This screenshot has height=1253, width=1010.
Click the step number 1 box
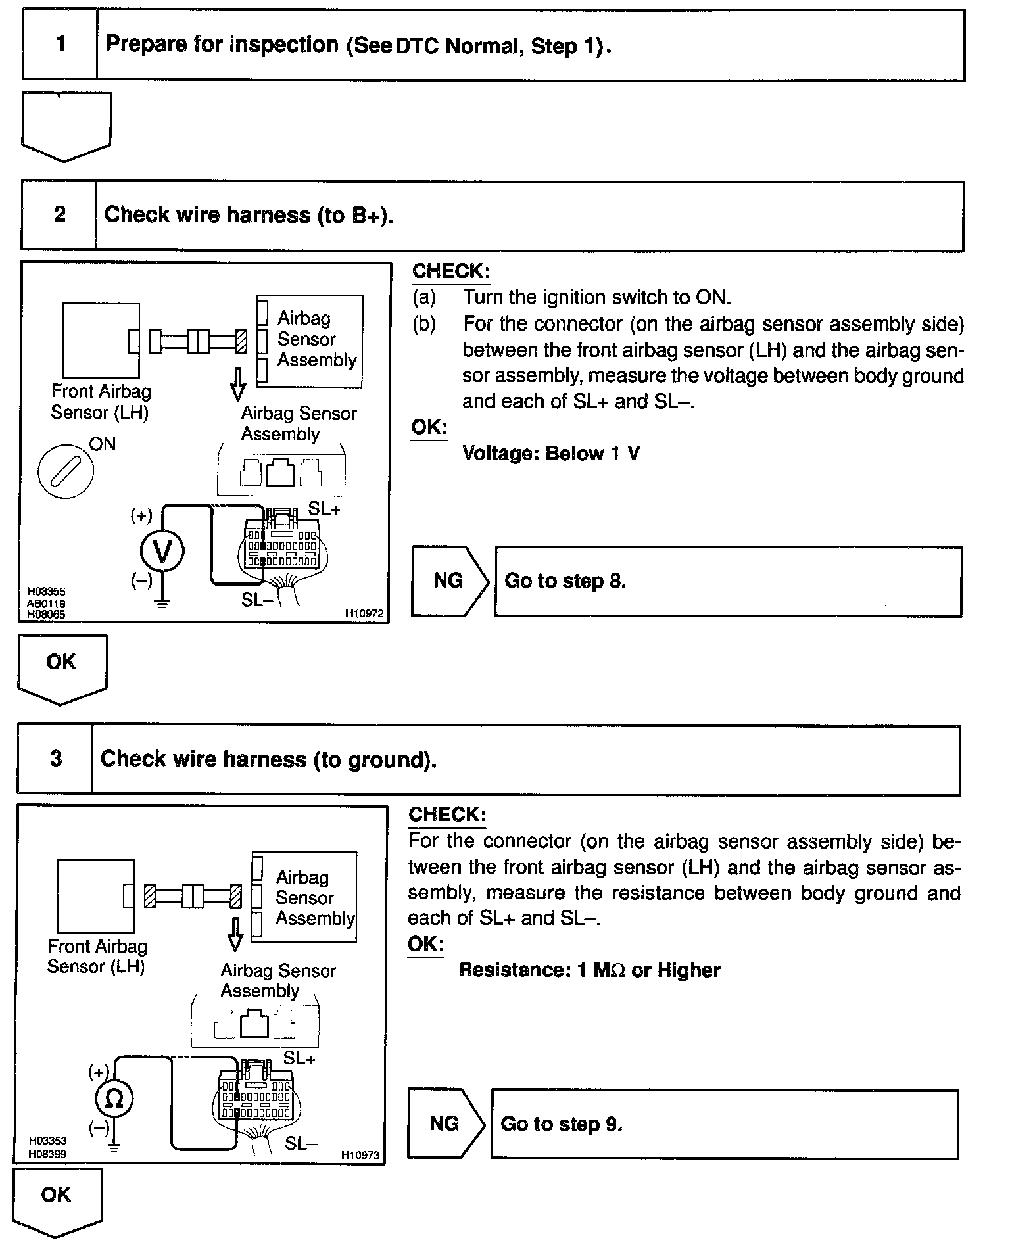[60, 45]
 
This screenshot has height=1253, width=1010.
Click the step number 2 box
[59, 215]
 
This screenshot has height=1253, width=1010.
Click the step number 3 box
[56, 759]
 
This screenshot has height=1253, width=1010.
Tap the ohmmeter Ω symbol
[114, 1099]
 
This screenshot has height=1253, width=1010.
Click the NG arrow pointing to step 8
[449, 580]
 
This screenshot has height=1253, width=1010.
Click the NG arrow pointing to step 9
[445, 1123]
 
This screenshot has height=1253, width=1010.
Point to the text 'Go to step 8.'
[565, 581]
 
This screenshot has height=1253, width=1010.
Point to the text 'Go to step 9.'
[561, 1124]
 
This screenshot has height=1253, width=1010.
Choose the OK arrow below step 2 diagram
[61, 667]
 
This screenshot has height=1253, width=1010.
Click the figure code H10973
[360, 1155]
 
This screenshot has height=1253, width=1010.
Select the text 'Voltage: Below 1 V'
[550, 454]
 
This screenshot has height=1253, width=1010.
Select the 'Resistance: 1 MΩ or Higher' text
[589, 970]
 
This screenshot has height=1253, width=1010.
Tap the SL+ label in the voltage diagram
[324, 509]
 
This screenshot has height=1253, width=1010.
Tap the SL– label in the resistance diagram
[301, 1143]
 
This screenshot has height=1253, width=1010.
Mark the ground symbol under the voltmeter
[162, 602]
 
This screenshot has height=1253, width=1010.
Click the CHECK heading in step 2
[451, 271]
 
